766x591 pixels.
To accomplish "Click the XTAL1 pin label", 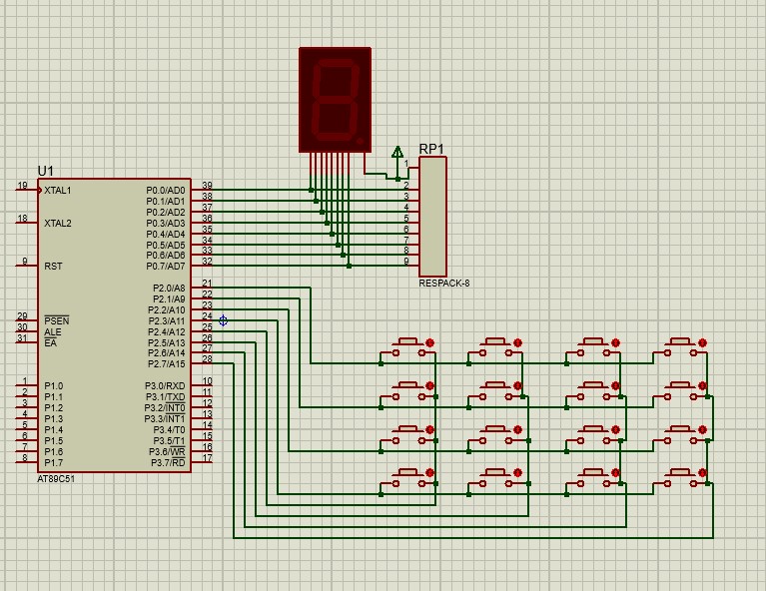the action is point(58,191).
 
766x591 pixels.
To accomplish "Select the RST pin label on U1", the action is point(53,267).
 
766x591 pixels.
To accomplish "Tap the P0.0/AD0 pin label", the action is point(166,190).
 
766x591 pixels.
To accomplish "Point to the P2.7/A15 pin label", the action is point(167,363).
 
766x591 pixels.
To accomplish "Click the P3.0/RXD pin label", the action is point(165,386).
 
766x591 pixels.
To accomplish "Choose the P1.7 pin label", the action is point(54,462).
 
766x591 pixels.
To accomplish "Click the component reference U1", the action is point(45,171).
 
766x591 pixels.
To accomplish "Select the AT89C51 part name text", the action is point(56,479).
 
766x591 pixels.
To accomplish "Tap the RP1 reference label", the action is point(431,149).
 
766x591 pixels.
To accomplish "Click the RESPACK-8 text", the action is point(444,284).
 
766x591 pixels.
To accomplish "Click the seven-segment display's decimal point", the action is point(361,141).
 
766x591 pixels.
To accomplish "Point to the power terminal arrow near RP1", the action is point(397,153).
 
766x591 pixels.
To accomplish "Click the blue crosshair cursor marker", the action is point(224,320).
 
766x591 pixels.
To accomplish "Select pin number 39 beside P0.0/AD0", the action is point(207,186).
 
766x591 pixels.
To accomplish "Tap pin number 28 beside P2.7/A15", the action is point(207,359).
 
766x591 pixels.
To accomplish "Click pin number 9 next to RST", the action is point(25,262).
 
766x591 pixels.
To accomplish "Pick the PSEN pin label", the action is point(57,320).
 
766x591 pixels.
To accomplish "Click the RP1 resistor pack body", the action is point(432,217).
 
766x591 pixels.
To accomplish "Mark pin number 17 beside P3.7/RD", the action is point(207,458).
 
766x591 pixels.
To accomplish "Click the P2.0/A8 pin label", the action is point(169,289).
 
